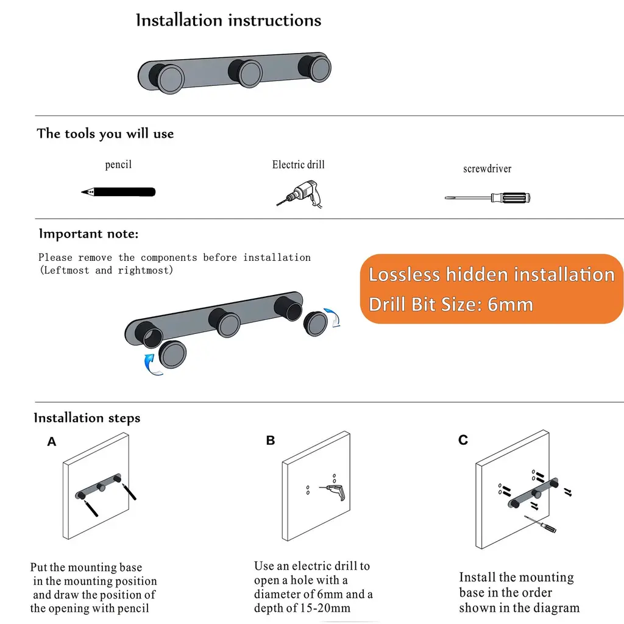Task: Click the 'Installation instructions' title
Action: (229, 20)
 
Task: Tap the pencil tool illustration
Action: (118, 192)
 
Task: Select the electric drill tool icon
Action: (300, 194)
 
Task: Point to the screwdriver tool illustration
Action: (487, 197)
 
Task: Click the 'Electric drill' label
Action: (299, 165)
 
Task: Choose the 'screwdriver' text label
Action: (487, 169)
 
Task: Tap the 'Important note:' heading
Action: (89, 233)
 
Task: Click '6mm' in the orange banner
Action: (510, 305)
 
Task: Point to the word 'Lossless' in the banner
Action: (404, 275)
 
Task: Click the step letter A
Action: (52, 441)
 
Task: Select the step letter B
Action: (271, 440)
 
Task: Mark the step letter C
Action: (463, 440)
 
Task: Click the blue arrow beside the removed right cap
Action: (333, 317)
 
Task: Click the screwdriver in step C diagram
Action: (540, 523)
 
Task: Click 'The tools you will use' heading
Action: (105, 133)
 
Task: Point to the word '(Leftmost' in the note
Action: (65, 270)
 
